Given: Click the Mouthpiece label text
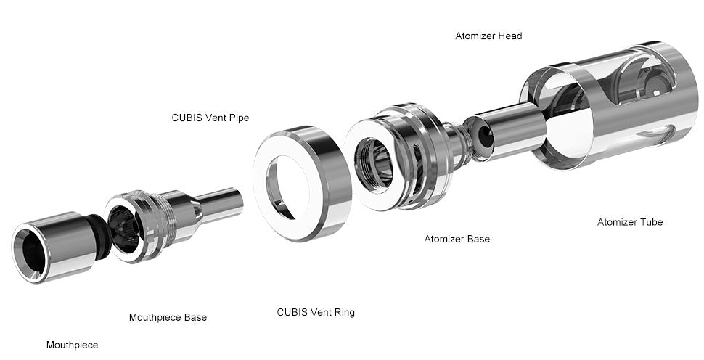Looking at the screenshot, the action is coord(72,345).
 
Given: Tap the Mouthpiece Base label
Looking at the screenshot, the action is coord(168,317).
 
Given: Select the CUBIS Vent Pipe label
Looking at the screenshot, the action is coord(210,118).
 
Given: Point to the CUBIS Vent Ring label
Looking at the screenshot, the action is coord(316,312).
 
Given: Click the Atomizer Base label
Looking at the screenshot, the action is coord(457,239).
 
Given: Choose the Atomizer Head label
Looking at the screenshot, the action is coord(488,36).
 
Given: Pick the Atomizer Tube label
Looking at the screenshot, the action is coord(629,222).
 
